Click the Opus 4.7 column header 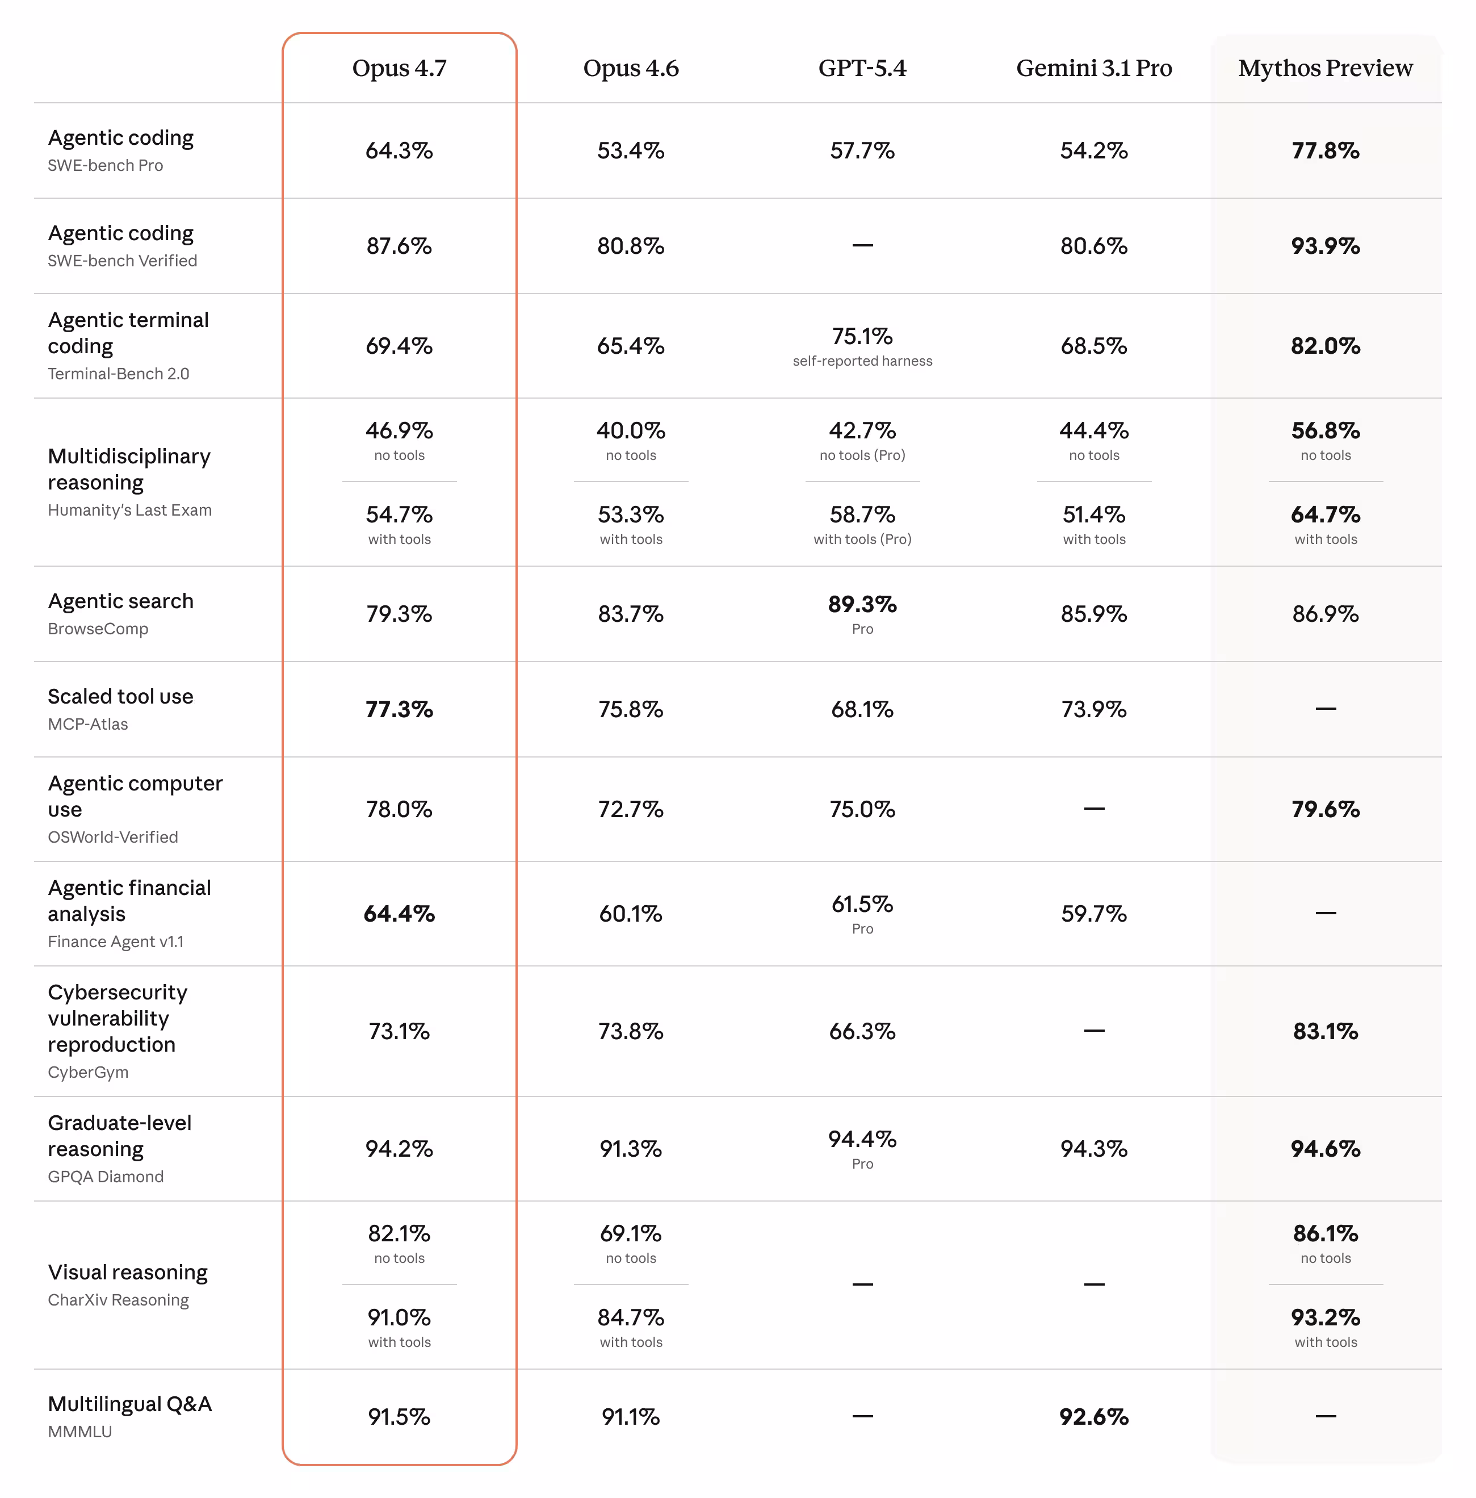pyautogui.click(x=399, y=68)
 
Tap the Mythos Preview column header pyautogui.click(x=1325, y=68)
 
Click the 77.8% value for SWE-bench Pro pyautogui.click(x=1325, y=150)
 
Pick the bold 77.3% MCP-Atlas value pyautogui.click(x=399, y=709)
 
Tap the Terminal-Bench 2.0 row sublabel pyautogui.click(x=119, y=374)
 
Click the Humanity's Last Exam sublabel pyautogui.click(x=129, y=510)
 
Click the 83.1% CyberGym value pyautogui.click(x=1325, y=1031)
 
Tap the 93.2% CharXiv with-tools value pyautogui.click(x=1325, y=1317)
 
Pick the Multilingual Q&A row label pyautogui.click(x=129, y=1404)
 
